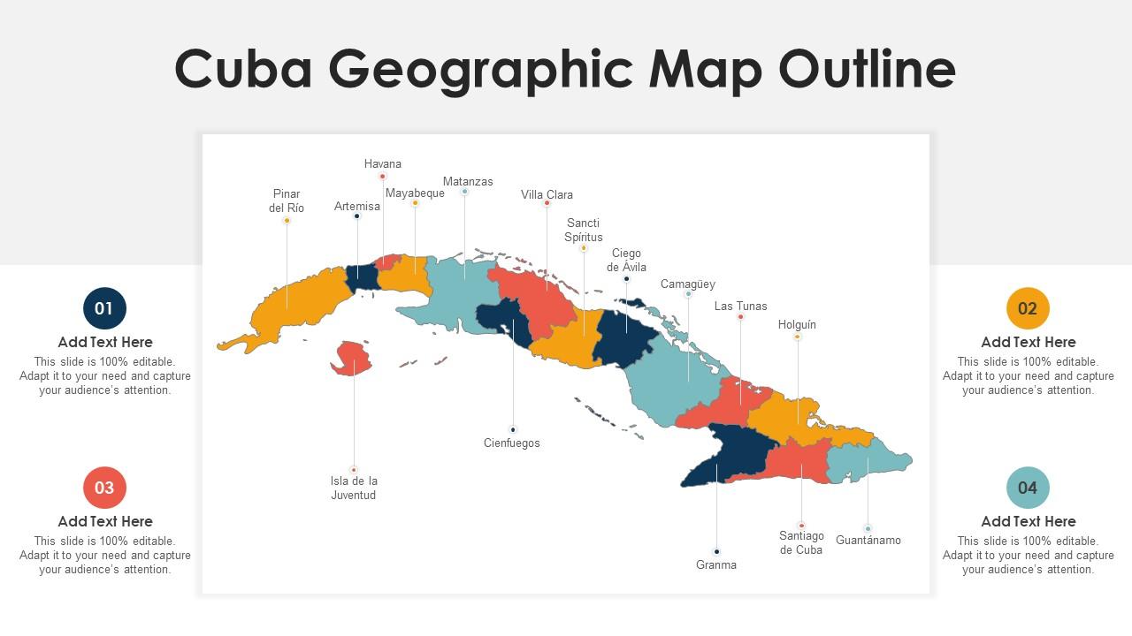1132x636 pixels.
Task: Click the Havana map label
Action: click(382, 163)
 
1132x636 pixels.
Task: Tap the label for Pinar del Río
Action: click(287, 201)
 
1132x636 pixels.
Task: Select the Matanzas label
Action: click(468, 181)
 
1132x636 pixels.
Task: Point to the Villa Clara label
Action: click(547, 194)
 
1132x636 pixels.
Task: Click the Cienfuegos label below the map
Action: click(511, 443)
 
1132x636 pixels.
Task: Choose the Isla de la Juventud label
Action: click(354, 488)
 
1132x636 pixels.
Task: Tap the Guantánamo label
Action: click(868, 540)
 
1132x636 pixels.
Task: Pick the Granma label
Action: click(715, 564)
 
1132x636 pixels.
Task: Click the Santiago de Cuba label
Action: click(801, 542)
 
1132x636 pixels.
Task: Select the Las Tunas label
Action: click(740, 306)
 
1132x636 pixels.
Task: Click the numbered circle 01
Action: click(104, 308)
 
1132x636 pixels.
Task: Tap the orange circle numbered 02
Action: click(1028, 308)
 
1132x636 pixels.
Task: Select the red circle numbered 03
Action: click(104, 488)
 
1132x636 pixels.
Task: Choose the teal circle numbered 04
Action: click(1028, 488)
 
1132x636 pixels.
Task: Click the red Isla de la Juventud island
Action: click(351, 357)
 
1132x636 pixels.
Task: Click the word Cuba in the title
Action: click(243, 69)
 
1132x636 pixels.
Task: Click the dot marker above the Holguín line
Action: click(797, 337)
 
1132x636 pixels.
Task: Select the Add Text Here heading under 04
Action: click(1028, 521)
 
